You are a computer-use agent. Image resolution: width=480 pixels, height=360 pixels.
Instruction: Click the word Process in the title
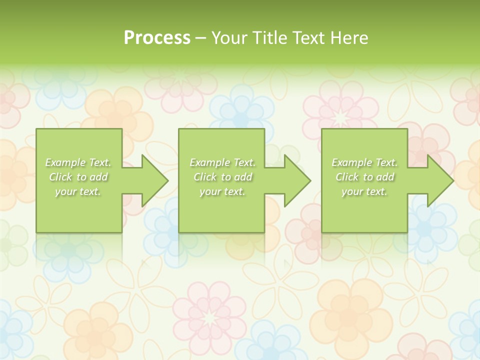[x=157, y=37]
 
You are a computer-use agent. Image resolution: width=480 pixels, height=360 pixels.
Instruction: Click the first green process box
[x=79, y=215]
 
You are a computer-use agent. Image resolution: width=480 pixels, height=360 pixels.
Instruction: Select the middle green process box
[x=221, y=215]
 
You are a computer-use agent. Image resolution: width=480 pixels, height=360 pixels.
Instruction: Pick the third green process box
[x=364, y=215]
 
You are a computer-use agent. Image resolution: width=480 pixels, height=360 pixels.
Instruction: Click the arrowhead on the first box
[x=152, y=180]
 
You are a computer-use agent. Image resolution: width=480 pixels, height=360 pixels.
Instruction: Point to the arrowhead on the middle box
[x=295, y=180]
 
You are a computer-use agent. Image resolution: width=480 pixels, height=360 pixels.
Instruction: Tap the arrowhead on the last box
[x=438, y=180]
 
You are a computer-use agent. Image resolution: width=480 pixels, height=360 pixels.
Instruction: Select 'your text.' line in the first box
[x=78, y=191]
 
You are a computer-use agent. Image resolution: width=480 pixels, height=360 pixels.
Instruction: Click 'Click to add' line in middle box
[x=222, y=177]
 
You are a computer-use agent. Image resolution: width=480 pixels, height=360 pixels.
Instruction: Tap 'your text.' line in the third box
[x=364, y=191]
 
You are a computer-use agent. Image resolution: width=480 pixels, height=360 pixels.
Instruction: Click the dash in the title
[x=201, y=38]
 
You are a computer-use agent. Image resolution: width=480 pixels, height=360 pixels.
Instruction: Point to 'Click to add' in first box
[x=78, y=177]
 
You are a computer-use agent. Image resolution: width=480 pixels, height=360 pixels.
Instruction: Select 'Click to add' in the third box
[x=365, y=177]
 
